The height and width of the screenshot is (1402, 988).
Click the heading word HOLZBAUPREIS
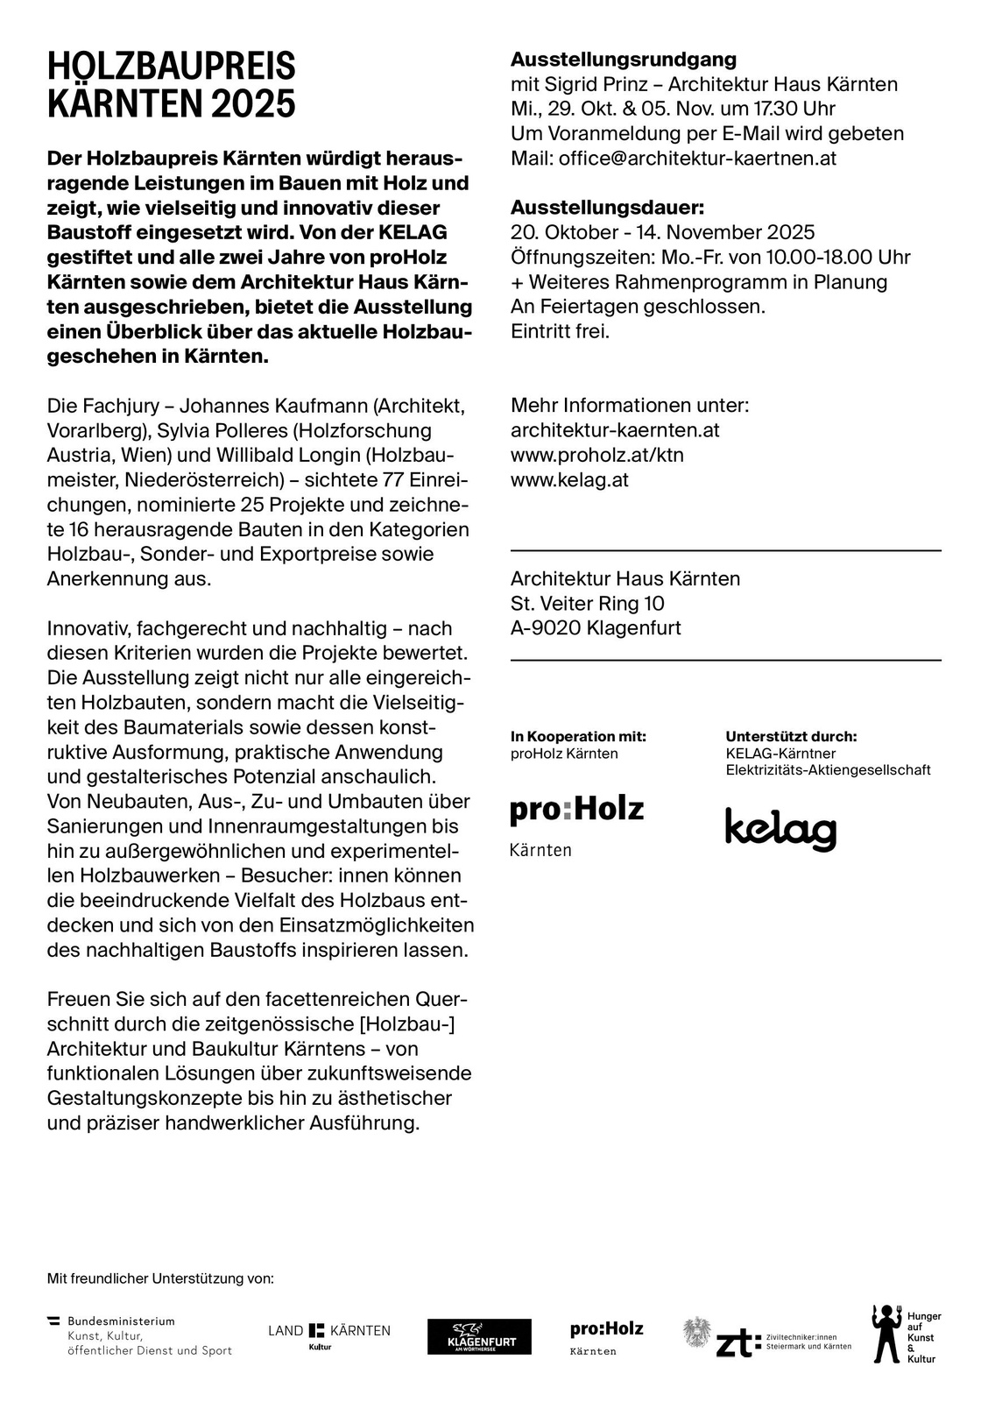tap(172, 67)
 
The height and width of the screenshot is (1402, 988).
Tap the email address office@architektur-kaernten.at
tap(697, 159)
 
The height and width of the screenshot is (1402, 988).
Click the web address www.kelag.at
tap(569, 479)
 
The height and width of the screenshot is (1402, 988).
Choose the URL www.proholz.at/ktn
tap(597, 455)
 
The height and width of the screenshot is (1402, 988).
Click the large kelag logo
tap(780, 829)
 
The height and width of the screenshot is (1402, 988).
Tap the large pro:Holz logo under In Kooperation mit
tap(576, 810)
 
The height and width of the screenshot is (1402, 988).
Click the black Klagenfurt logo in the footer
tap(479, 1337)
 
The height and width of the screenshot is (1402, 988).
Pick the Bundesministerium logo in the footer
tap(140, 1335)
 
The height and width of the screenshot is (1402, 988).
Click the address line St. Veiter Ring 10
tap(588, 603)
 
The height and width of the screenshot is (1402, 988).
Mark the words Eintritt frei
tap(561, 331)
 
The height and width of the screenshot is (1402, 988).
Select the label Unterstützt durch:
tap(791, 737)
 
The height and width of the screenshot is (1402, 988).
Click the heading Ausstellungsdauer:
tap(607, 208)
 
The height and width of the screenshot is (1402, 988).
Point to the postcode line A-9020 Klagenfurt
tap(596, 627)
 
